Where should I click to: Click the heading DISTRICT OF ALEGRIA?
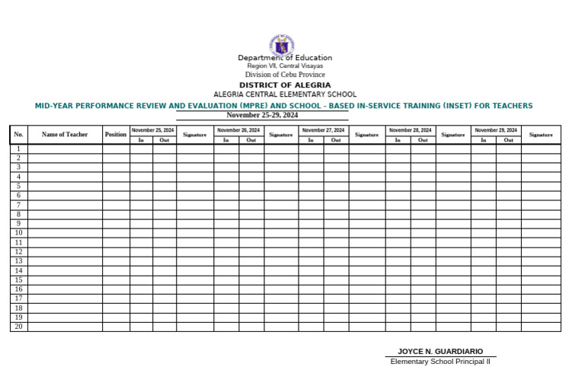pyautogui.click(x=285, y=85)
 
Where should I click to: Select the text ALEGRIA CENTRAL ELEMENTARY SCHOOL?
pyautogui.click(x=285, y=94)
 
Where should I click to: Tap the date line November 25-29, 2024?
pyautogui.click(x=262, y=115)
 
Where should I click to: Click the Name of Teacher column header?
pyautogui.click(x=65, y=135)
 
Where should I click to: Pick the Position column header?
pyautogui.click(x=116, y=135)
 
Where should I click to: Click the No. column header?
pyautogui.click(x=19, y=135)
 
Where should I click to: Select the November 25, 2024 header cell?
pyautogui.click(x=152, y=130)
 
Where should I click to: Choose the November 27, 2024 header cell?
pyautogui.click(x=323, y=130)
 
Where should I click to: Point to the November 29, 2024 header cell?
pyautogui.click(x=496, y=130)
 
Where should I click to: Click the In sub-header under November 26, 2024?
pyautogui.click(x=226, y=140)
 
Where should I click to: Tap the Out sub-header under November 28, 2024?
pyautogui.click(x=423, y=140)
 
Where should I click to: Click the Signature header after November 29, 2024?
pyautogui.click(x=541, y=135)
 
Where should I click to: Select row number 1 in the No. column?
pyautogui.click(x=19, y=148)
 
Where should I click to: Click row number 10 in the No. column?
pyautogui.click(x=19, y=233)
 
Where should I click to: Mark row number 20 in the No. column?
pyautogui.click(x=19, y=327)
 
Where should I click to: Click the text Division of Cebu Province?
pyautogui.click(x=285, y=75)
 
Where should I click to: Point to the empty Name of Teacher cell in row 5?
pyautogui.click(x=65, y=186)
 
